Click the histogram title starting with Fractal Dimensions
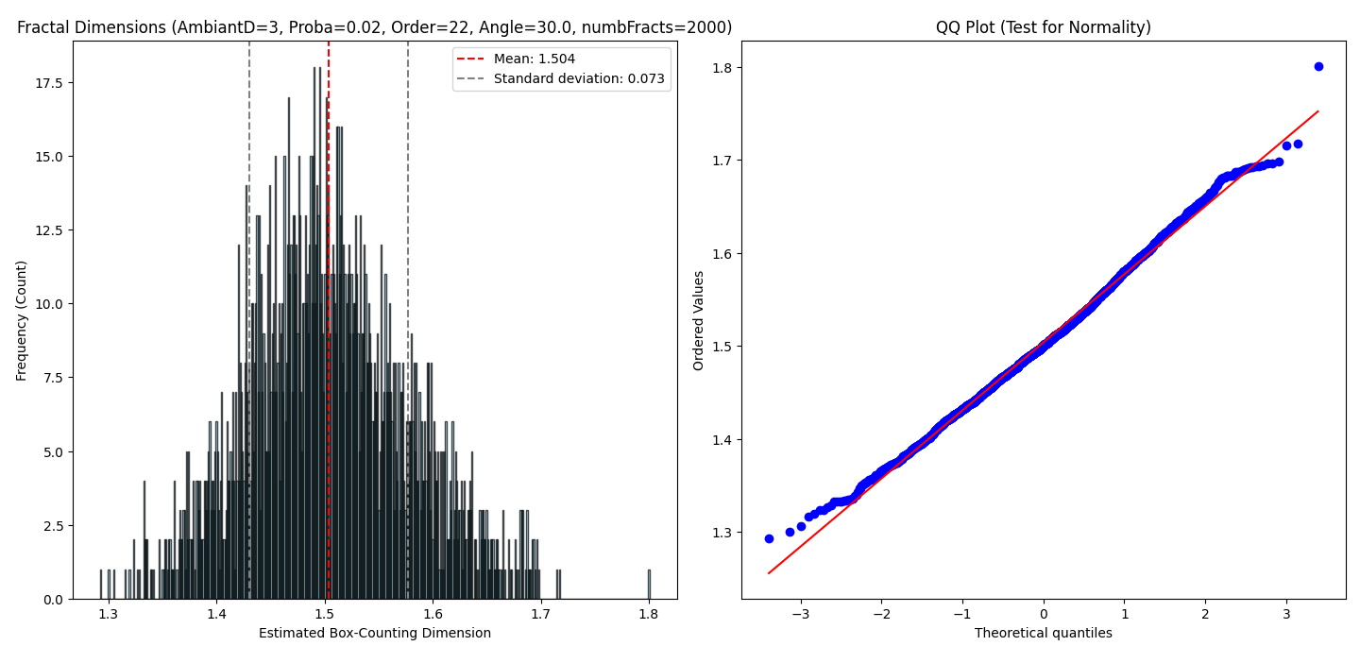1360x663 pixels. (x=374, y=28)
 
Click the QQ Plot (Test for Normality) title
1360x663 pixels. (x=1043, y=28)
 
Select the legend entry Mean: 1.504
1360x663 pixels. (x=535, y=59)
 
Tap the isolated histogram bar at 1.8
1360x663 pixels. (x=649, y=584)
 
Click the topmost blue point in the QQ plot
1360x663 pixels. (x=1318, y=66)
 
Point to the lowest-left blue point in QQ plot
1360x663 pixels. (x=769, y=538)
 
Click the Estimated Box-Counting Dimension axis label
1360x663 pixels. (x=374, y=634)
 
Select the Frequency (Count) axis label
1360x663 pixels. (x=22, y=320)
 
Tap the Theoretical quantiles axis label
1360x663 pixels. (x=1043, y=634)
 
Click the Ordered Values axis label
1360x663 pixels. (x=699, y=320)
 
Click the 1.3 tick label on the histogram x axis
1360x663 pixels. (x=109, y=614)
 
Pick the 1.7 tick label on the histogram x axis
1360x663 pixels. (x=540, y=614)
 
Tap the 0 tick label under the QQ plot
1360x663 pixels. (x=1044, y=614)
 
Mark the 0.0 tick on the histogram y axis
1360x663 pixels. (x=54, y=600)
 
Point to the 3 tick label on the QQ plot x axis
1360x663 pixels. (x=1286, y=614)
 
